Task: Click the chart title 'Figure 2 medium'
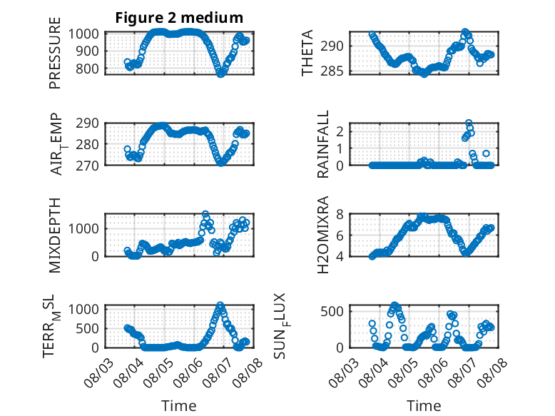click(x=179, y=17)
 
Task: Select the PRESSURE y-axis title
click(x=55, y=53)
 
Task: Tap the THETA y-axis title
click(x=307, y=53)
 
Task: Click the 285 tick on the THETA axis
click(x=332, y=71)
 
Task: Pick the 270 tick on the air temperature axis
click(x=87, y=166)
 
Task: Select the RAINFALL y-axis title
click(x=323, y=144)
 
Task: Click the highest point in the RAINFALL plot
click(x=468, y=123)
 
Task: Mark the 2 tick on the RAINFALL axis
click(x=340, y=132)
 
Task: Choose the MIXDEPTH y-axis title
click(x=55, y=235)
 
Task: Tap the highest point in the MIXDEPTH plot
click(x=205, y=214)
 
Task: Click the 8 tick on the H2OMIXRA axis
click(x=340, y=214)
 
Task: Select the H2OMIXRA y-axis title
click(x=323, y=235)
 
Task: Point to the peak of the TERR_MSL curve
click(x=220, y=305)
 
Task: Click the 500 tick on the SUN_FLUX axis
click(x=332, y=312)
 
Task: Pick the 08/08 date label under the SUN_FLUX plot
click(x=492, y=372)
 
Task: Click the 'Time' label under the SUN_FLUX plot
click(x=424, y=405)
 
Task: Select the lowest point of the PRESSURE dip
click(x=220, y=74)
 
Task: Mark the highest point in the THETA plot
click(x=465, y=32)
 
